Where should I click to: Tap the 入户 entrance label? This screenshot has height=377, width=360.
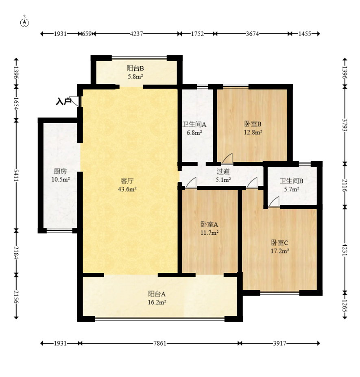coord(63,101)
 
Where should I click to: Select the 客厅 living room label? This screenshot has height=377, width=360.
coord(127,181)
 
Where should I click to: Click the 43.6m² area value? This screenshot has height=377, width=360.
coord(127,189)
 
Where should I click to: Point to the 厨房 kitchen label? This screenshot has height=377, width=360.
coord(60,171)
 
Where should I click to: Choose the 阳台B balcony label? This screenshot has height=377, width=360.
coord(135,68)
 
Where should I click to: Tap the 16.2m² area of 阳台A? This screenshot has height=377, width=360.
coord(157,302)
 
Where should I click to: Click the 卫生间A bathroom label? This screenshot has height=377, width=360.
coord(194,124)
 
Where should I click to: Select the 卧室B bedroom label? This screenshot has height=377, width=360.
coord(253,124)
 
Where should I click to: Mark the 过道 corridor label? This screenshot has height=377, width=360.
coord(223,172)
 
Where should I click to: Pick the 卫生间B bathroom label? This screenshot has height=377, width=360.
coord(291,181)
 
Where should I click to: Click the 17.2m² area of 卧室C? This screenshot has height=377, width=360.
coord(280,251)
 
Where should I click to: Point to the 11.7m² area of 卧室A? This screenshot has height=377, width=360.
coord(209,233)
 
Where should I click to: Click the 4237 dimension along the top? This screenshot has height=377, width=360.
coord(136,34)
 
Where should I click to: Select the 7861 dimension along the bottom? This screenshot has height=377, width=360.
coord(160,343)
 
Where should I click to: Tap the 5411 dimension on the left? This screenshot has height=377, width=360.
coord(16,175)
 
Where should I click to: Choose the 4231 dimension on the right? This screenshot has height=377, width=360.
coord(345,250)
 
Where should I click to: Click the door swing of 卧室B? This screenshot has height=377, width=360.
coord(227,158)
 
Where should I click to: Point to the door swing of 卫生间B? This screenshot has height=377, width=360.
coord(274,201)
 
